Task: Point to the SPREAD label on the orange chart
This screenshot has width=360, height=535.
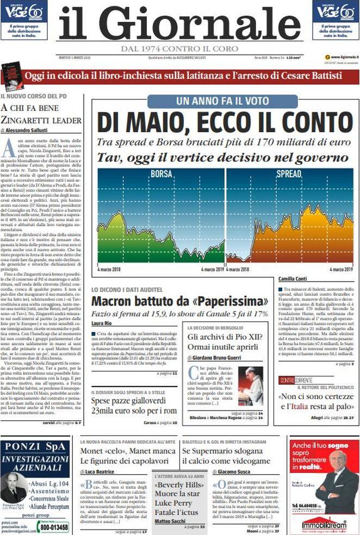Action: [289, 175]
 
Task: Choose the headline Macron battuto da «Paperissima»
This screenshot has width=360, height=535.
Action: [179, 301]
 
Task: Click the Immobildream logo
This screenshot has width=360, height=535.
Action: [324, 525]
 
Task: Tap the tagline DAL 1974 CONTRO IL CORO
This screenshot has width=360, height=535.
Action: [179, 48]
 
